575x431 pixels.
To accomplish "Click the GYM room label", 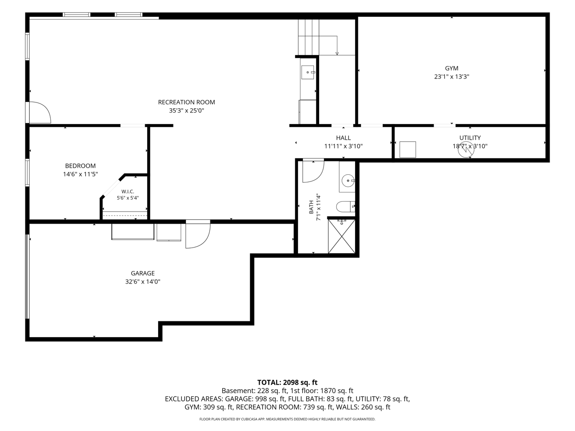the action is click(x=451, y=68).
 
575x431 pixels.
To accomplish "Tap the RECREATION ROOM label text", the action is click(x=186, y=102).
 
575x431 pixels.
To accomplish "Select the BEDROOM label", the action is click(x=80, y=166).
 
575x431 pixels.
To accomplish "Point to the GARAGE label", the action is click(x=142, y=273).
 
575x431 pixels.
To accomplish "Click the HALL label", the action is click(x=343, y=138).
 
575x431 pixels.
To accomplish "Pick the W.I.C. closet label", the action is click(x=127, y=192).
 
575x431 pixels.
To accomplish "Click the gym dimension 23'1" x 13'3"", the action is click(x=451, y=77).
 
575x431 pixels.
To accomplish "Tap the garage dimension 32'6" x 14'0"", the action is click(x=142, y=282).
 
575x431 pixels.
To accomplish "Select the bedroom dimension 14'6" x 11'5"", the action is click(x=80, y=174).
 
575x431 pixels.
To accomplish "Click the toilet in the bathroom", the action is click(x=345, y=207).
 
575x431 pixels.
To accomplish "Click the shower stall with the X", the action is click(x=342, y=236).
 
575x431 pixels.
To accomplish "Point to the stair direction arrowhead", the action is click(x=337, y=54).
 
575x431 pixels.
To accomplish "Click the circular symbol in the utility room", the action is click(x=466, y=150).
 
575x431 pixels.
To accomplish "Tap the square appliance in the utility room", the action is click(x=408, y=150).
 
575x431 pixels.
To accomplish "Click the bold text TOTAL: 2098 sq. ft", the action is click(x=287, y=383).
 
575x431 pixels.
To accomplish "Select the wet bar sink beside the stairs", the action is click(x=307, y=72).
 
